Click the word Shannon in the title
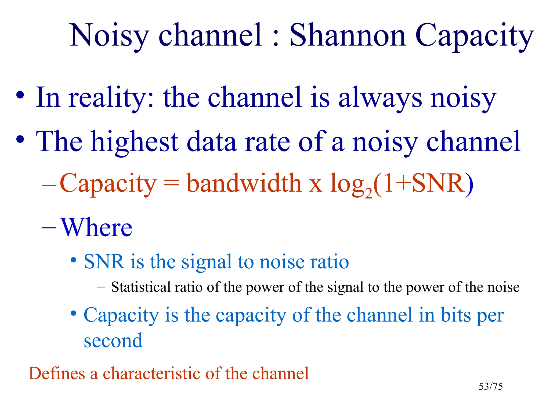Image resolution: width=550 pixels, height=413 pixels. point(348,35)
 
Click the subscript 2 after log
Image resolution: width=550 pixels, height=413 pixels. point(369,193)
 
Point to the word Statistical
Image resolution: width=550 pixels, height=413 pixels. point(141,287)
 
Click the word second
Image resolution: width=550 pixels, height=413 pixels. point(113,341)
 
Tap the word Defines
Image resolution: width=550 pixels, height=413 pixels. point(57,373)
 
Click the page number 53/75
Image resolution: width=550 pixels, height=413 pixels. point(491,387)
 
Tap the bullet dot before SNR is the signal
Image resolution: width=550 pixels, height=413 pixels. point(73,260)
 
